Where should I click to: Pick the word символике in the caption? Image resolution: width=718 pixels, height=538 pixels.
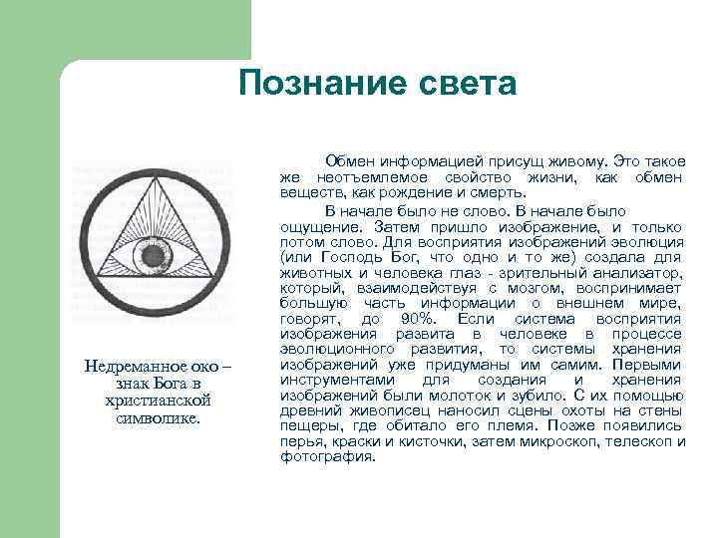[152, 416]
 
